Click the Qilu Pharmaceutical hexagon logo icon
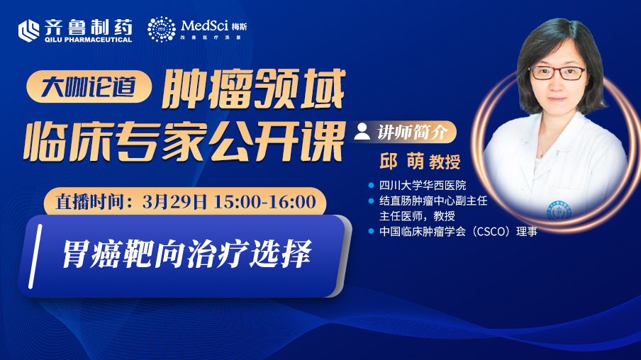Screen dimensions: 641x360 point(28,30)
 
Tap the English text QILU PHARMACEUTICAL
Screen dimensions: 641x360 point(89,40)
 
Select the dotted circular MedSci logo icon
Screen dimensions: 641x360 point(162,30)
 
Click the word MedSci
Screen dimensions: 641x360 point(204,26)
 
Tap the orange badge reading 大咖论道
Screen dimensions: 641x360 point(89,86)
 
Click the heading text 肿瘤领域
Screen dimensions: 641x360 point(253,89)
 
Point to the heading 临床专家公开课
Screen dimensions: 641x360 point(183,141)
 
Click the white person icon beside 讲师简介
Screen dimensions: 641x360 point(362,132)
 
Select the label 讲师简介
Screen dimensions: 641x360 point(413,132)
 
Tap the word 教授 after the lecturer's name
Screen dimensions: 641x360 point(445,162)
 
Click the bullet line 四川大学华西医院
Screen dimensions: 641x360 point(423,186)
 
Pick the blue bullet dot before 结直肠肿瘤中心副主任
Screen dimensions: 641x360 point(371,201)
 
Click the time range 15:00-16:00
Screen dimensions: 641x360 point(265,202)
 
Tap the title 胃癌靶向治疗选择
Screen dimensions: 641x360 point(186,254)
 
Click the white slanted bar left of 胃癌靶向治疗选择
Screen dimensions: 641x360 point(35,257)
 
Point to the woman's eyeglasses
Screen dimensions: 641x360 point(558,73)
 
